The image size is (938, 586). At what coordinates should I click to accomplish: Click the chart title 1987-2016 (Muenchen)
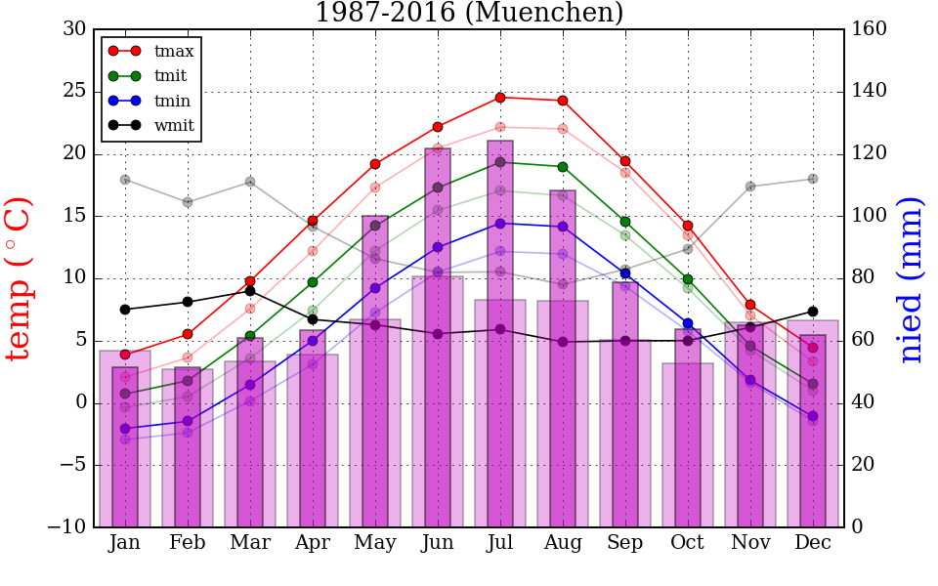click(x=469, y=14)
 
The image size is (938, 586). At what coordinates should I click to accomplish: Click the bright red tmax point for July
click(x=500, y=98)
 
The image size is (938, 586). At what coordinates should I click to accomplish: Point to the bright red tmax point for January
click(x=125, y=355)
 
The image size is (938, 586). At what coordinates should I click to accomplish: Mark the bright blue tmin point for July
click(x=500, y=224)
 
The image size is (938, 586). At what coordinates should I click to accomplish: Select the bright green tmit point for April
click(x=313, y=282)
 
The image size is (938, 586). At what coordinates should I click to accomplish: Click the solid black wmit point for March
click(x=250, y=291)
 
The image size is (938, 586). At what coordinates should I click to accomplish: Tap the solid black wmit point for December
click(x=813, y=312)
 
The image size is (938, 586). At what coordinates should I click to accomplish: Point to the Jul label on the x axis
click(x=500, y=543)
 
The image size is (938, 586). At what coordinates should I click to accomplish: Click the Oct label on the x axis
click(x=688, y=543)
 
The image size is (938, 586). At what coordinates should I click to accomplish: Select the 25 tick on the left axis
click(x=74, y=92)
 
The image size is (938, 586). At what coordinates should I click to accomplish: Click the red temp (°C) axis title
click(x=20, y=278)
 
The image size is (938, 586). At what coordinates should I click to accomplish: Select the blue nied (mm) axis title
click(x=911, y=279)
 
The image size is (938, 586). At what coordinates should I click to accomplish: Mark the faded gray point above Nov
click(x=750, y=187)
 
